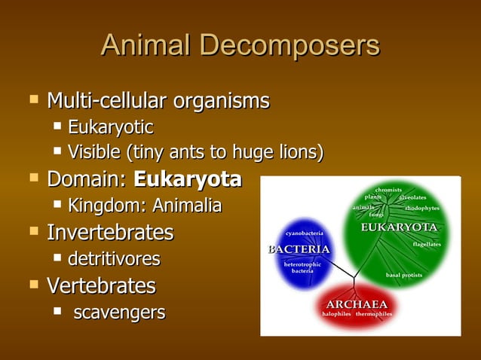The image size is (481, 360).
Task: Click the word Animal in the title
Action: [x=148, y=46]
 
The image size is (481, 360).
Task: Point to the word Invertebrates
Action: [x=110, y=232]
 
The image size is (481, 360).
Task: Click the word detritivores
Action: [x=114, y=259]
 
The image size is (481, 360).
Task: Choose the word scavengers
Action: [x=119, y=312]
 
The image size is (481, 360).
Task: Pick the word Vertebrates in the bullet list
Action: [x=101, y=286]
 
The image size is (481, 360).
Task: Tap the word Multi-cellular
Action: [x=107, y=100]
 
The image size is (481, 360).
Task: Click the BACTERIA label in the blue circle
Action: [x=299, y=249]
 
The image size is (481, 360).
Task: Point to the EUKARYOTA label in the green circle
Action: [x=400, y=227]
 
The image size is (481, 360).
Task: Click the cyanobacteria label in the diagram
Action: [x=305, y=234]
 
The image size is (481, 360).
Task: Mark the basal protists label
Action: [x=403, y=275]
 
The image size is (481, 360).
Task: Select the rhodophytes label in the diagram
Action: [x=422, y=208]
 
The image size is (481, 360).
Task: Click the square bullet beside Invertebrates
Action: [x=32, y=231]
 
